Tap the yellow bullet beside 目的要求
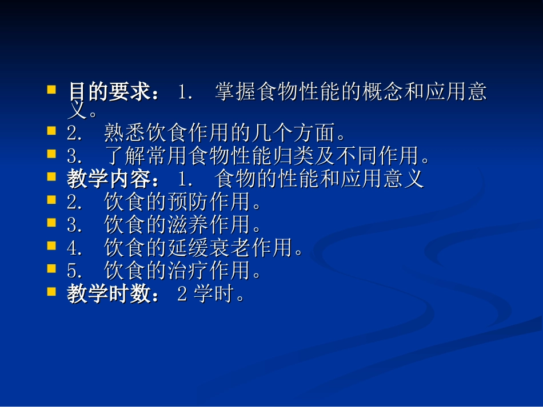click(52, 90)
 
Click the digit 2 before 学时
click(182, 295)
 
